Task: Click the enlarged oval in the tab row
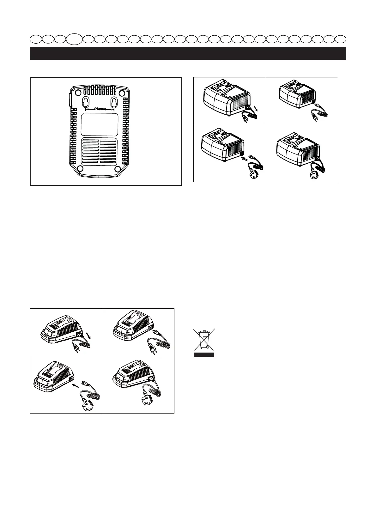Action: point(75,39)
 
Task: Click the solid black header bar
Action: point(188,53)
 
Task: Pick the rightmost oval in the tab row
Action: point(341,39)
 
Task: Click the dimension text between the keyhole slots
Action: point(100,109)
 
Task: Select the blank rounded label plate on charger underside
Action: point(100,124)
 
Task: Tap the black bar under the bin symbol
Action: point(204,355)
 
